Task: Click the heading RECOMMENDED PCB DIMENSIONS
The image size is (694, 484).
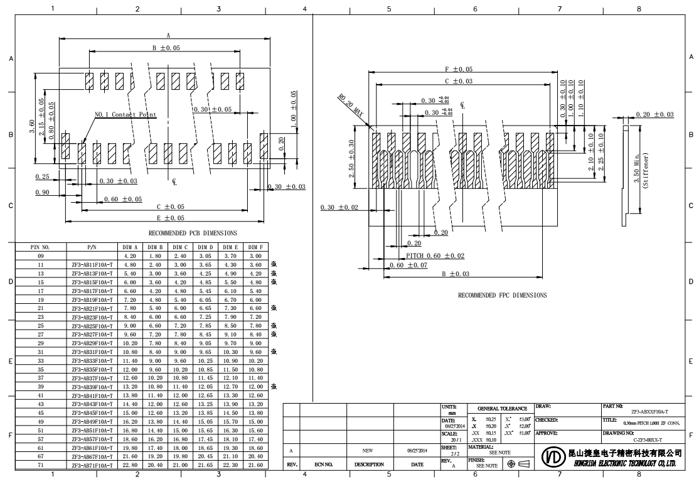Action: click(193, 233)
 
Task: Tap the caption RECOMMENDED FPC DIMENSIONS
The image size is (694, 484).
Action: click(502, 294)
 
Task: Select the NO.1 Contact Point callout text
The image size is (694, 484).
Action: click(125, 115)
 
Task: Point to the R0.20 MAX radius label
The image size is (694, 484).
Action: click(350, 103)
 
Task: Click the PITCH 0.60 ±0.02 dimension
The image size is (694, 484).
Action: click(435, 255)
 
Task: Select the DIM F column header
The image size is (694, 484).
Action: click(255, 248)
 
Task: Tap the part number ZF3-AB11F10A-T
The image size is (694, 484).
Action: click(93, 265)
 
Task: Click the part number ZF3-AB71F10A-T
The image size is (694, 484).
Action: click(93, 465)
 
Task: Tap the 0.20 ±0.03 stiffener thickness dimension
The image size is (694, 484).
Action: click(654, 114)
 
